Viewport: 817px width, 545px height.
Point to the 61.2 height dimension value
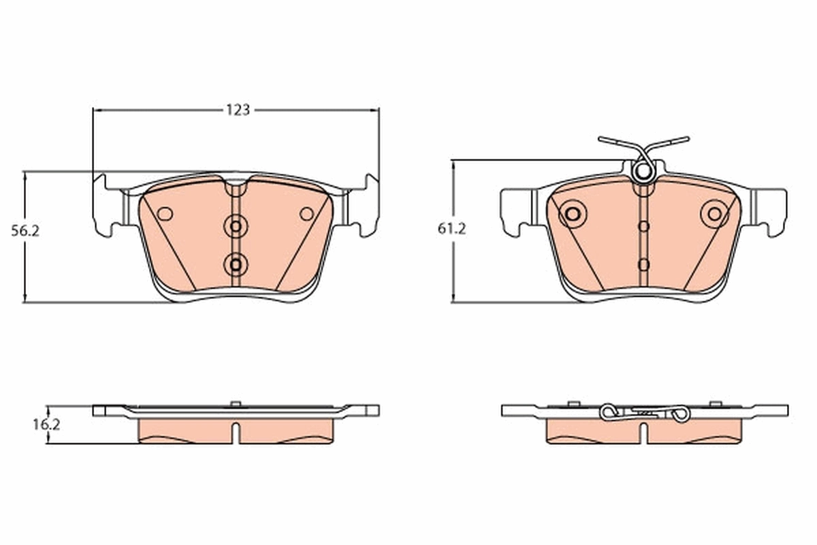[x=451, y=230]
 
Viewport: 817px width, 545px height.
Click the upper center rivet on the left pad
[x=236, y=225]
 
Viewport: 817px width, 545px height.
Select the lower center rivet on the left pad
[x=236, y=264]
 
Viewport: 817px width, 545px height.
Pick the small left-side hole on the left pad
[x=165, y=214]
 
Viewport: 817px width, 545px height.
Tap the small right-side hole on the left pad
[x=307, y=214]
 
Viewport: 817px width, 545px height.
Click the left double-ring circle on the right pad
[x=573, y=214]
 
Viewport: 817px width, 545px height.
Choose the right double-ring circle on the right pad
[x=714, y=214]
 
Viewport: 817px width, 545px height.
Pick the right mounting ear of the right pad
[x=773, y=211]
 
